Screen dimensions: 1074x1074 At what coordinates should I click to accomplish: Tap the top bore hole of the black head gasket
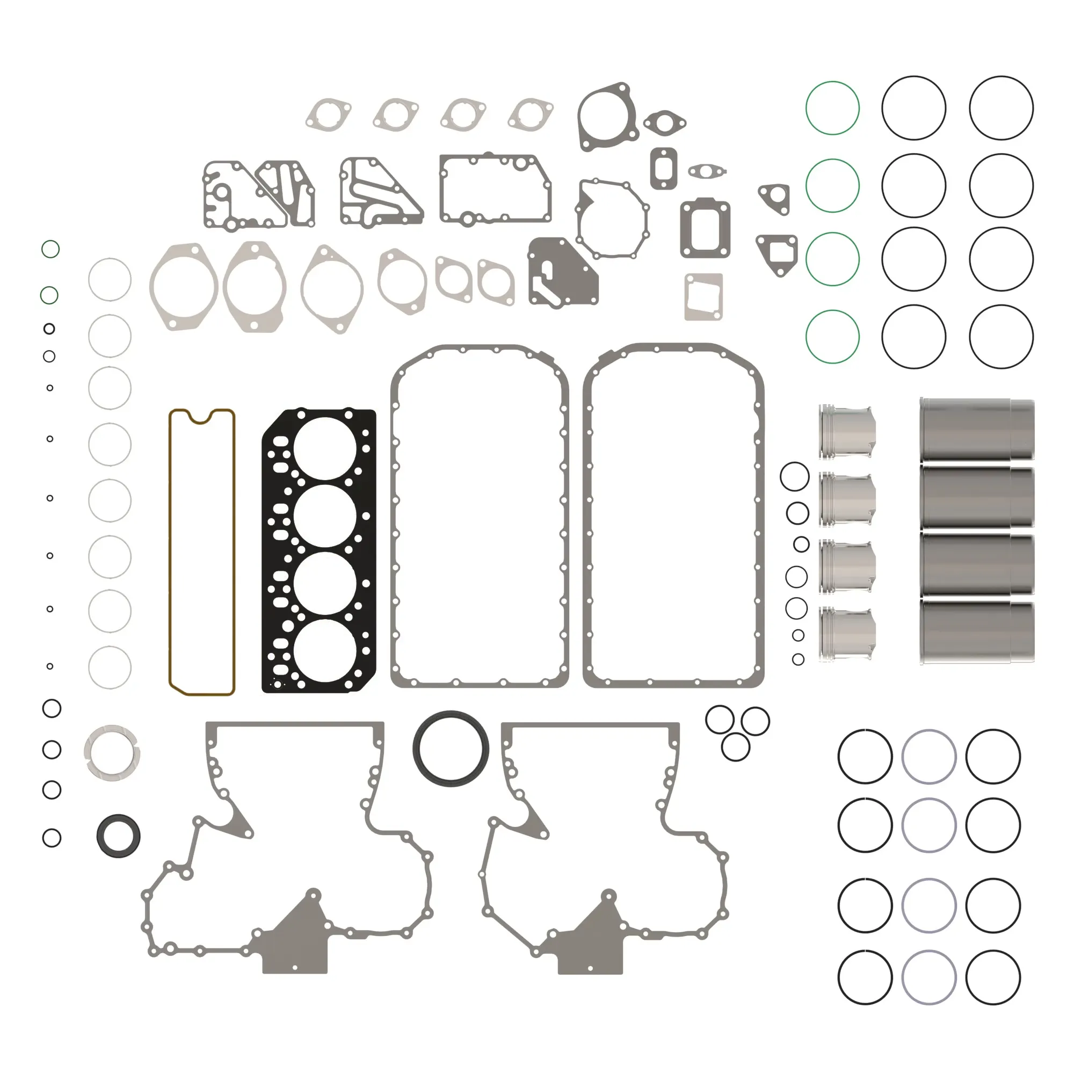click(325, 448)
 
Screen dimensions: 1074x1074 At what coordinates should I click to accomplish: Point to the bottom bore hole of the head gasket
click(325, 650)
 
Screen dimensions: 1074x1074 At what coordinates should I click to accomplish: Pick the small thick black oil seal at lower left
click(118, 836)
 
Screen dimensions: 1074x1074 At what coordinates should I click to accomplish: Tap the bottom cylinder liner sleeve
click(977, 632)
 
